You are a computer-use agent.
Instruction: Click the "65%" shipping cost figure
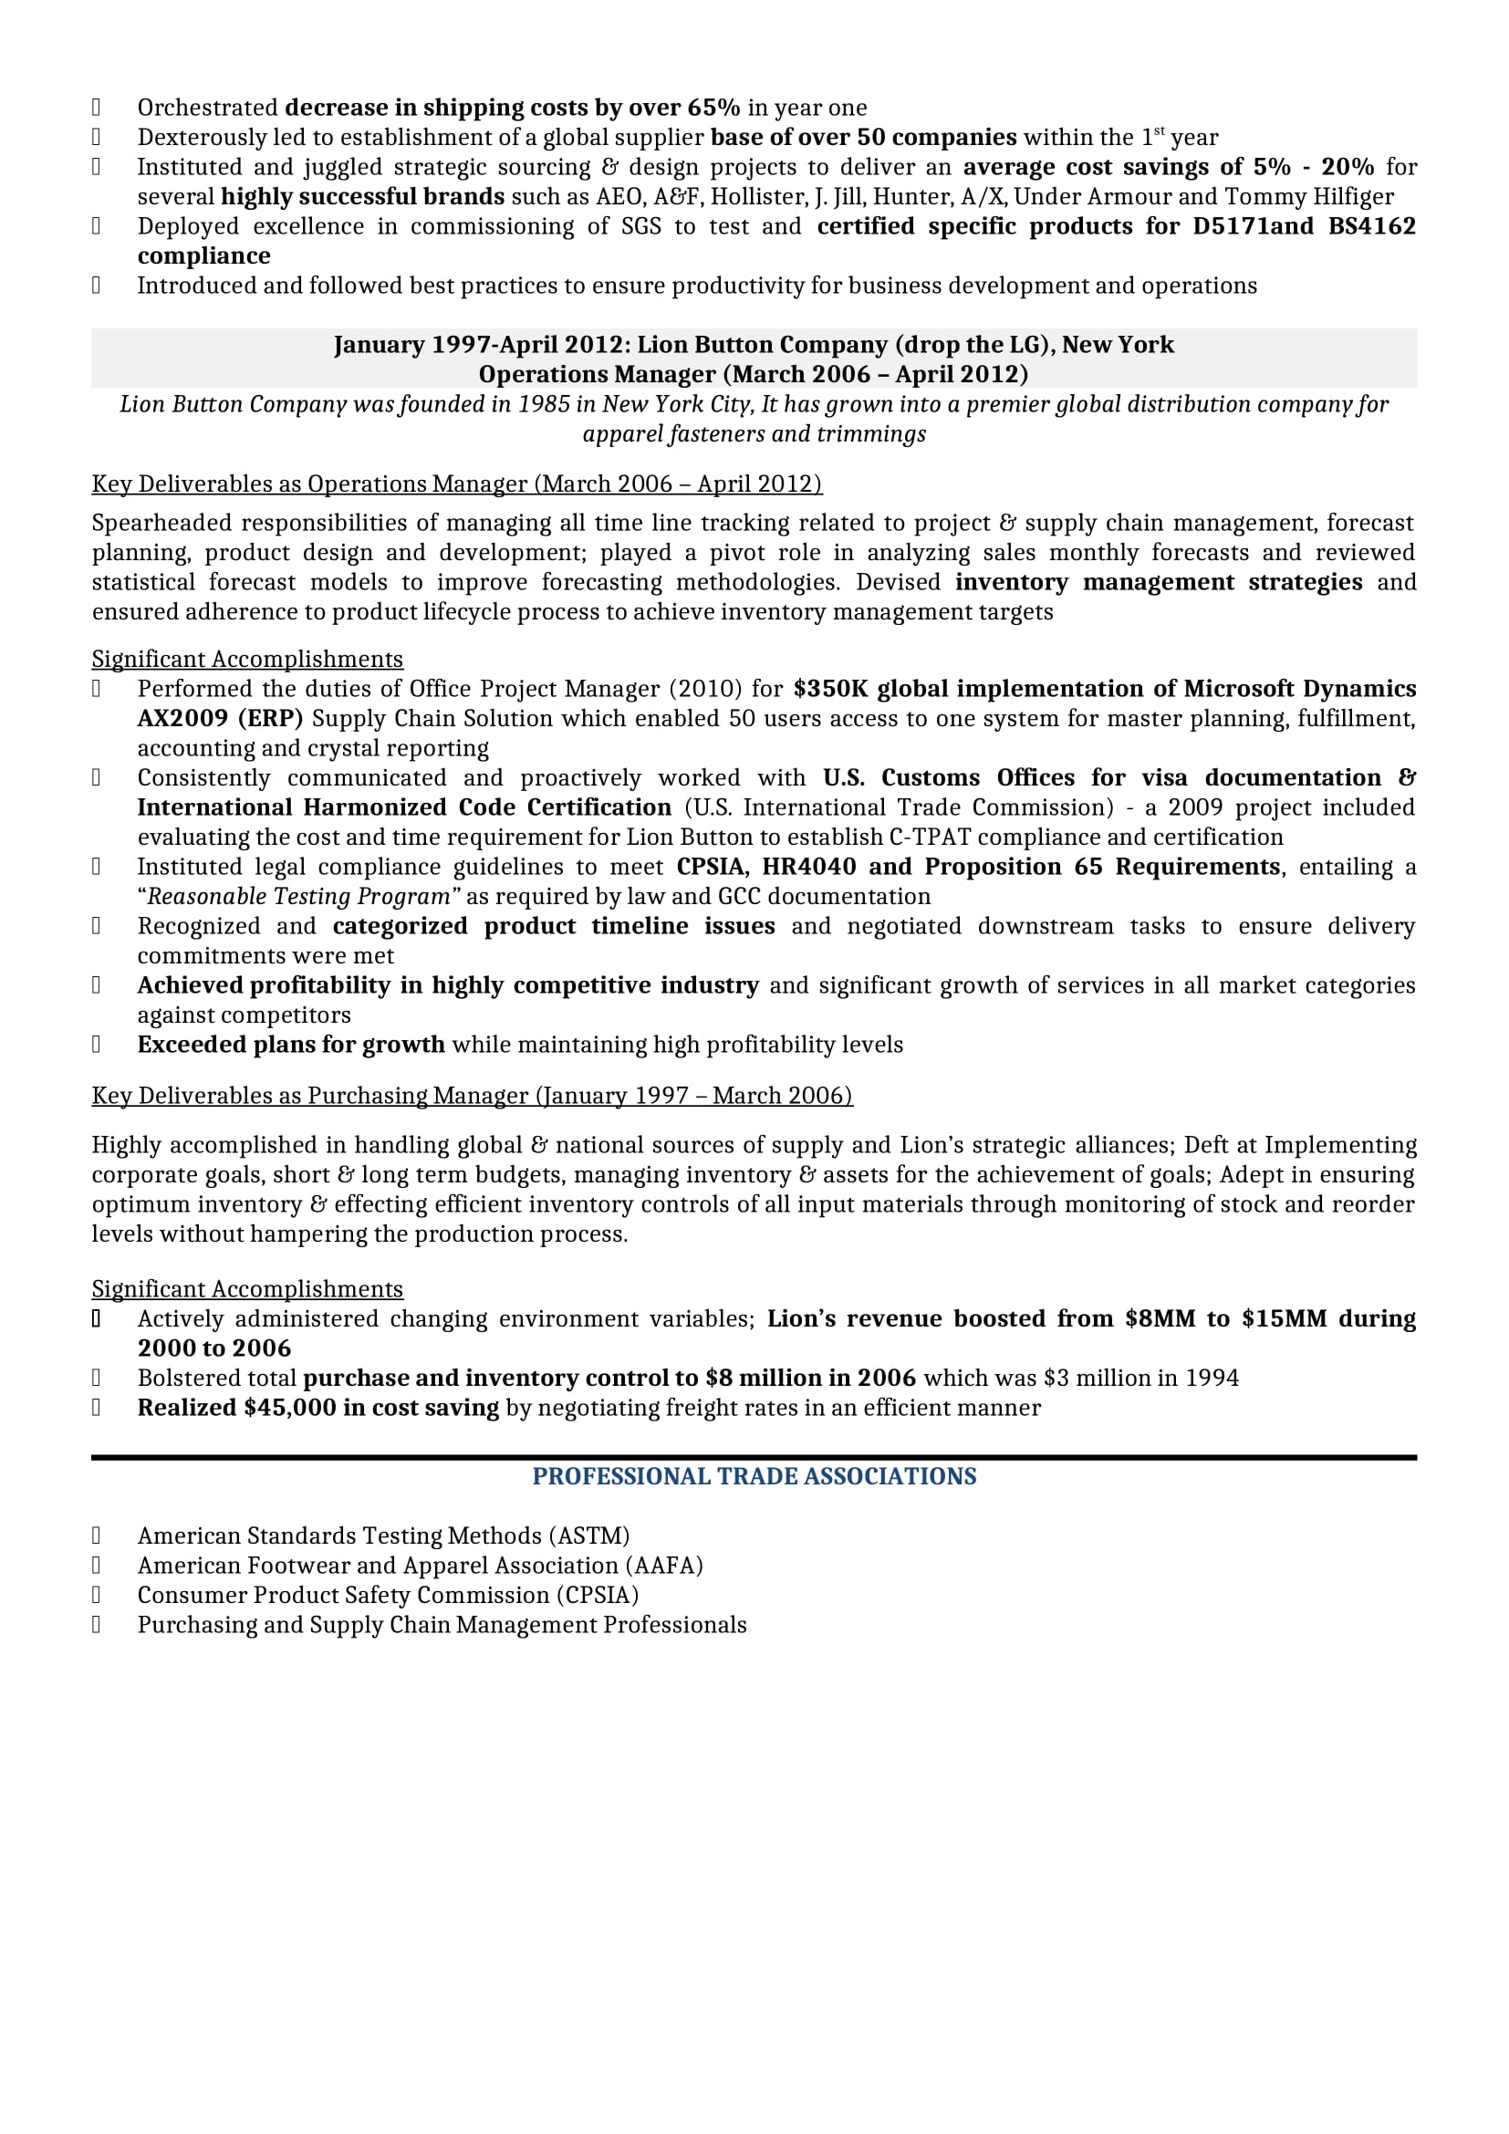(x=713, y=108)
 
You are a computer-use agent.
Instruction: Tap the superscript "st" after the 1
(x=1159, y=132)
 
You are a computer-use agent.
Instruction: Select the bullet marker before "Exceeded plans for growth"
(x=96, y=1045)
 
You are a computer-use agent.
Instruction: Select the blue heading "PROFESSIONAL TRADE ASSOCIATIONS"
(x=754, y=1477)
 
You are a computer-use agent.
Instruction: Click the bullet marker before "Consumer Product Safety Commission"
(x=96, y=1596)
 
